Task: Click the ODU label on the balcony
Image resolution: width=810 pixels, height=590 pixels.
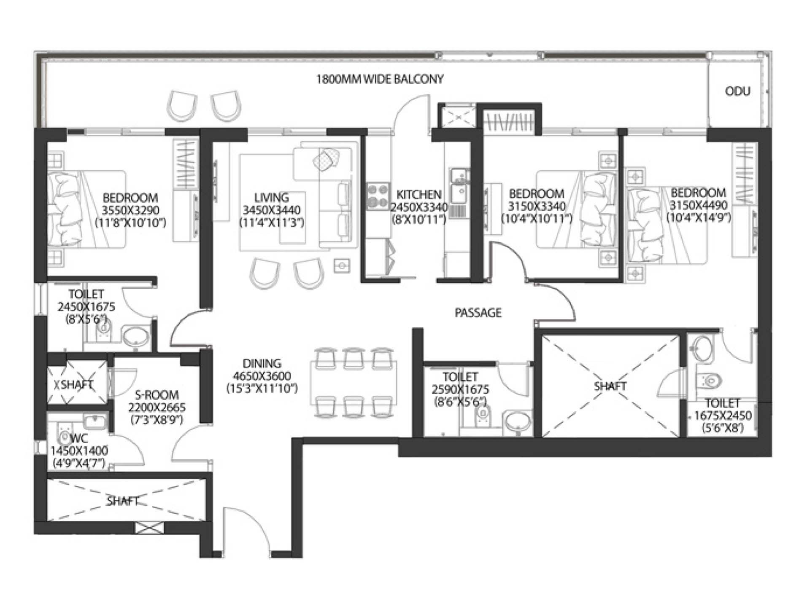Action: (737, 91)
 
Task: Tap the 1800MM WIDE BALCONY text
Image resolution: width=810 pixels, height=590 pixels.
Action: (380, 79)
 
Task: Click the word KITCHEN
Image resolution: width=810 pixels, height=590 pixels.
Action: (419, 195)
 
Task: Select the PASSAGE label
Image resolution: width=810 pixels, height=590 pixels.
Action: (478, 313)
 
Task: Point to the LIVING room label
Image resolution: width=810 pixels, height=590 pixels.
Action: (271, 198)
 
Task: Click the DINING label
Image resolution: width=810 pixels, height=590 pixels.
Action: (262, 364)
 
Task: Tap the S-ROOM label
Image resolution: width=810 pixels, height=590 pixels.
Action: (157, 395)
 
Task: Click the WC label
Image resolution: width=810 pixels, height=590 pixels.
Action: (79, 438)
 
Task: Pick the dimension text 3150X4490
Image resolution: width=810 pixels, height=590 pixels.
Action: (699, 205)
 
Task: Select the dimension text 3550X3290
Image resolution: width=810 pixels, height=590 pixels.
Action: (130, 210)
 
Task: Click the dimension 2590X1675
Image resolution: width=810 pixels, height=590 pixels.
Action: (460, 389)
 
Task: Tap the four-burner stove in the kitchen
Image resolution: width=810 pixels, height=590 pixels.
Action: (378, 196)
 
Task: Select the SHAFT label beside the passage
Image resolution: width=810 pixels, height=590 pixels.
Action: (610, 386)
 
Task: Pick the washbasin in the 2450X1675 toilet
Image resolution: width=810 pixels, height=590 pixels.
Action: (135, 336)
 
